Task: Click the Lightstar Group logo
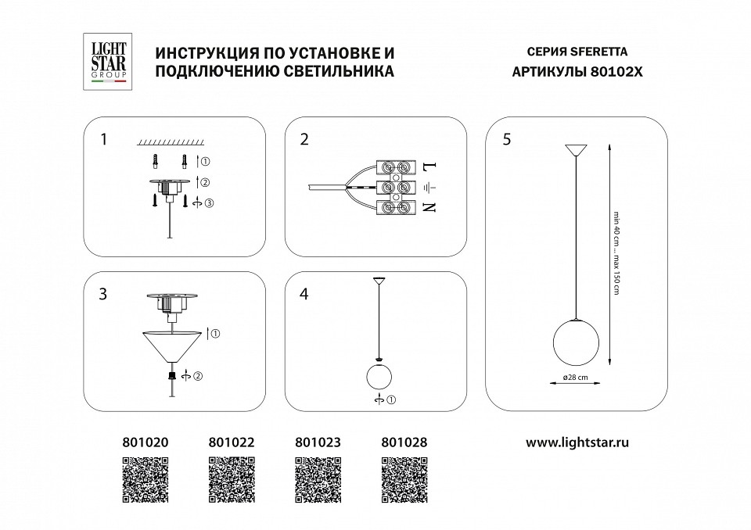coord(105,62)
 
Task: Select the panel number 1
coord(103,140)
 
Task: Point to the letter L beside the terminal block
coord(428,167)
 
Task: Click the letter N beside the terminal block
coord(428,207)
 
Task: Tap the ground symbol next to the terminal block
coord(428,188)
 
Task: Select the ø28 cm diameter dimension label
coord(575,378)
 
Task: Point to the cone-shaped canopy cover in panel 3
coord(171,345)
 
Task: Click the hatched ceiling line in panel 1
coord(171,143)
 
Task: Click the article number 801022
coord(232,442)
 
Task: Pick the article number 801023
coord(318,442)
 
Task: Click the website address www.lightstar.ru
coord(577,442)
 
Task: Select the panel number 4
coord(304,295)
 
